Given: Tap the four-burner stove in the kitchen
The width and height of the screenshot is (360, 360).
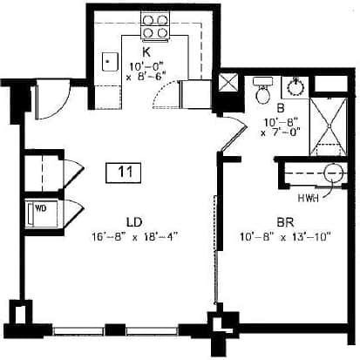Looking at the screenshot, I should (x=154, y=32).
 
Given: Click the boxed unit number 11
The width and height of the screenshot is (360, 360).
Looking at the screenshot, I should (x=126, y=172).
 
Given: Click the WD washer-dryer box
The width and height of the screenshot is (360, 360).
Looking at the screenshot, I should (x=40, y=210).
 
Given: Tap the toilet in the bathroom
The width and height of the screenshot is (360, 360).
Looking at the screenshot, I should (x=262, y=89).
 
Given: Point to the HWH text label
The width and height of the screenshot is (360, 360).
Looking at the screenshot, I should (x=308, y=198).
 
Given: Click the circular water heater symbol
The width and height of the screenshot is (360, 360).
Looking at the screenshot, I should (x=334, y=173).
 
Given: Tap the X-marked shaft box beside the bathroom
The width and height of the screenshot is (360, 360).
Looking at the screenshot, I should (x=230, y=85).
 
